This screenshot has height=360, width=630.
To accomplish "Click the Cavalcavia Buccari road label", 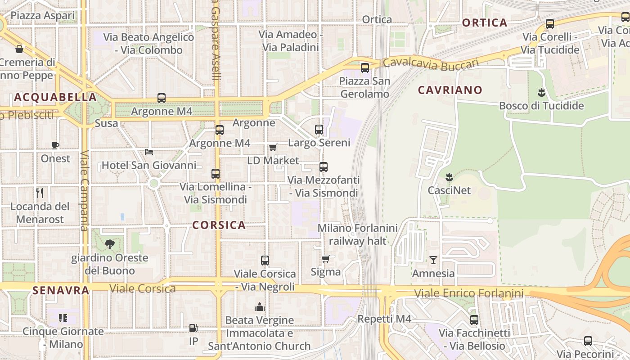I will (x=431, y=64).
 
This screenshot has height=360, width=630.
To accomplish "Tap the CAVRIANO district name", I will (x=450, y=90).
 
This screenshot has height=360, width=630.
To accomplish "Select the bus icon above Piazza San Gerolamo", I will (x=365, y=68).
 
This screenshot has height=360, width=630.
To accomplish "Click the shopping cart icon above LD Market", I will (x=273, y=147).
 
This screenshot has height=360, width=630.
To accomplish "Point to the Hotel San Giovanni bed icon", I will (x=149, y=152).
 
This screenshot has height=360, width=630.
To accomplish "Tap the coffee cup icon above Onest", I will (x=55, y=145).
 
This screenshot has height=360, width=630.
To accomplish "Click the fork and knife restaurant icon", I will (x=40, y=193).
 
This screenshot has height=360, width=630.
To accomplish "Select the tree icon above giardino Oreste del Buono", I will (x=109, y=244).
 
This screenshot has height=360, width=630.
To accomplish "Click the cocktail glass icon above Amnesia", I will (x=433, y=260).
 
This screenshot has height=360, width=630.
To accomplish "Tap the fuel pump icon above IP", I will (x=193, y=328).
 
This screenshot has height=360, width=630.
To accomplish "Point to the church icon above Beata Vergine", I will (x=259, y=307).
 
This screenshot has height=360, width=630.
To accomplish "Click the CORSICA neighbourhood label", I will (x=219, y=225).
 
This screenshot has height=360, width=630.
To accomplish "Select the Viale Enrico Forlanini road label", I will (x=468, y=294).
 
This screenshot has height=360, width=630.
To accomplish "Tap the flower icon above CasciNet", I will (x=449, y=177).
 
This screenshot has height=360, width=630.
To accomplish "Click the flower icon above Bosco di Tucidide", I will (x=541, y=93).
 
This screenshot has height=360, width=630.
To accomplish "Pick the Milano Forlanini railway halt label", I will (x=358, y=234).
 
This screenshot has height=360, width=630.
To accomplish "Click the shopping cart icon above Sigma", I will (x=326, y=259).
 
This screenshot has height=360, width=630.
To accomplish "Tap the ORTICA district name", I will (x=485, y=23).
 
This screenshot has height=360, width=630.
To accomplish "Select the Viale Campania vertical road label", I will (x=85, y=191).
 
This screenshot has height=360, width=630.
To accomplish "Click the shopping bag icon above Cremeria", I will (x=19, y=49).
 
